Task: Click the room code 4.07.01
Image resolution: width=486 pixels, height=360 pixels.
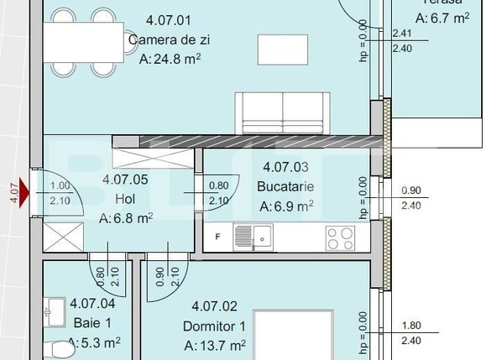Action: (x=169, y=20)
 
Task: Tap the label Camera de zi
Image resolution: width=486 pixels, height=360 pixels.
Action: (x=168, y=39)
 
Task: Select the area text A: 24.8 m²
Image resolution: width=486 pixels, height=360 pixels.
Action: (x=169, y=59)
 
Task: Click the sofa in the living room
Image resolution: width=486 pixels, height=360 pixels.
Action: (x=282, y=111)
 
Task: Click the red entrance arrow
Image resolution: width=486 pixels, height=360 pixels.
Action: (x=24, y=196)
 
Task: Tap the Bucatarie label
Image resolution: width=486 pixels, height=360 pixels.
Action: (x=286, y=185)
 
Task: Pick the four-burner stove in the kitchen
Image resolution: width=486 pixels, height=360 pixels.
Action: (x=340, y=237)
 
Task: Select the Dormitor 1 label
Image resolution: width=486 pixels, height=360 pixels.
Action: (x=215, y=326)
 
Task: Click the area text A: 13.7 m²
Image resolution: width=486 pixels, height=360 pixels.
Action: (x=215, y=345)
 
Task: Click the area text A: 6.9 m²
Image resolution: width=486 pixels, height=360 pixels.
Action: (x=286, y=206)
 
